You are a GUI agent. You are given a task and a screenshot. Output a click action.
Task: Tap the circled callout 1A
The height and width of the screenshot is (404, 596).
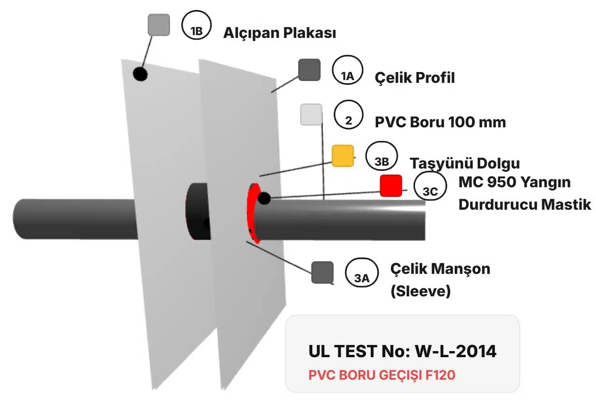click(x=347, y=71)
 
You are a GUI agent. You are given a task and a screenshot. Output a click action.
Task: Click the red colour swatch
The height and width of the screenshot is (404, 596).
click(x=391, y=186)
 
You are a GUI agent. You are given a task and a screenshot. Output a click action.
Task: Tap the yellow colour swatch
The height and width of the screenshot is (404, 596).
click(x=342, y=156)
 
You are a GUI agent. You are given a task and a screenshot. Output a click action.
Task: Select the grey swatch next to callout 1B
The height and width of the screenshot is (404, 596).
click(x=158, y=25)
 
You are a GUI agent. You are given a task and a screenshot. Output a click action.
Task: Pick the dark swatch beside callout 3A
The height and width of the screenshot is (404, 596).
click(x=322, y=272)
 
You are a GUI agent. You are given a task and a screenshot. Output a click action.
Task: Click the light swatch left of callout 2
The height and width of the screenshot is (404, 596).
click(x=311, y=115)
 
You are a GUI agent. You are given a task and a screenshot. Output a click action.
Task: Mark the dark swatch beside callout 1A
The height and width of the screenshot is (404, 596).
click(x=309, y=70)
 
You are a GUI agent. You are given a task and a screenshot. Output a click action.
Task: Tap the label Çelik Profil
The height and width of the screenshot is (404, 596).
click(x=415, y=78)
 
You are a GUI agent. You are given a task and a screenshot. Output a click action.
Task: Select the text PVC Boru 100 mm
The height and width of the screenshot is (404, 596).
click(x=440, y=122)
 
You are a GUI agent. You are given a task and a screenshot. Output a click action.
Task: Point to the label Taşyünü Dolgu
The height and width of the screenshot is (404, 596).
click(x=465, y=163)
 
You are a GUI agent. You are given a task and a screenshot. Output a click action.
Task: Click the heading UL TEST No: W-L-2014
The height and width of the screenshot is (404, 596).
click(x=402, y=351)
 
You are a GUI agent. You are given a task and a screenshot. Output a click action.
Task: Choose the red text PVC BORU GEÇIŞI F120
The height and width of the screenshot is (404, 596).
click(x=382, y=375)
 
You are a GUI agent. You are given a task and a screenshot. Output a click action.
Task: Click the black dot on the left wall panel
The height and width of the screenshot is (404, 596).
click(x=140, y=73)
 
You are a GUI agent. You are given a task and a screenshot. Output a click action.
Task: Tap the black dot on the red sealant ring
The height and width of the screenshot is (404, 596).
click(x=264, y=198)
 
